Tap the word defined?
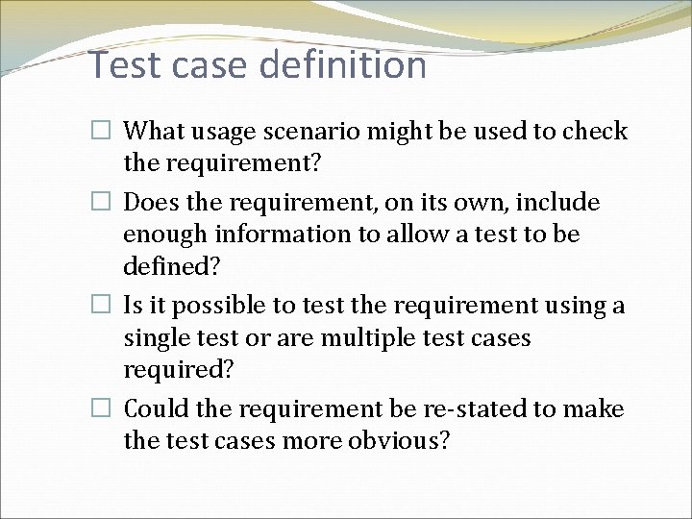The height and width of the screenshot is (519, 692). click(x=168, y=265)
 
